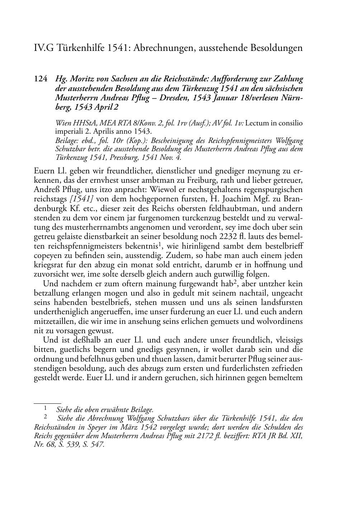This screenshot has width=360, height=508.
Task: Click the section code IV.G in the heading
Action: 42,48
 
